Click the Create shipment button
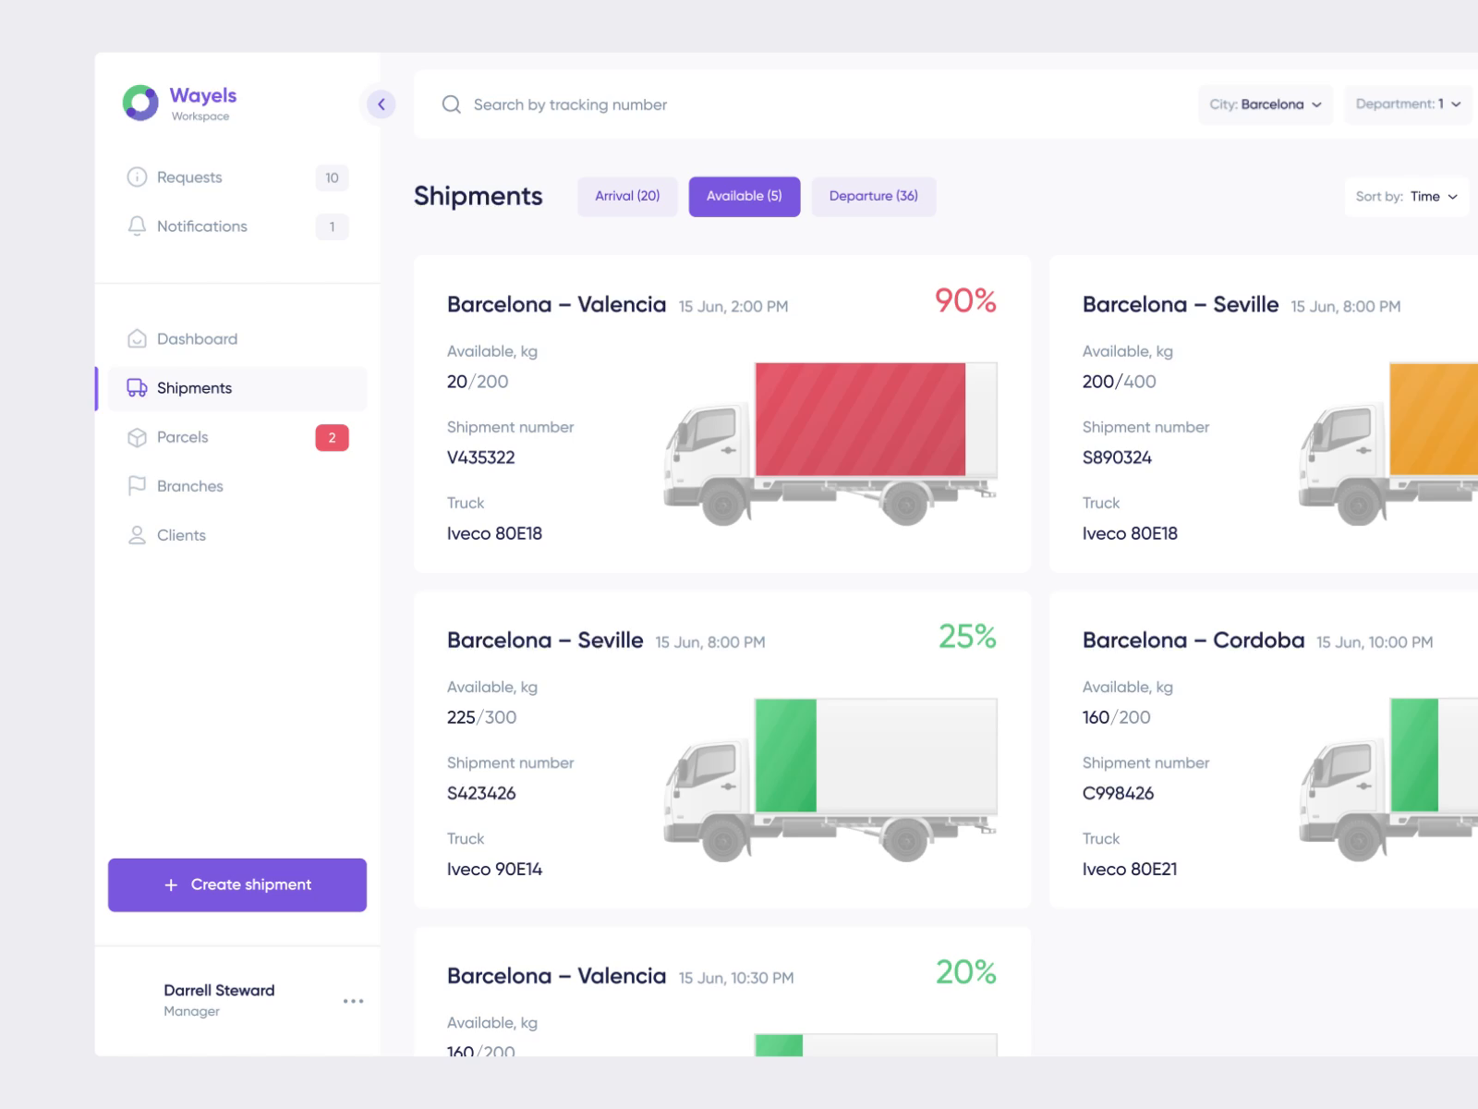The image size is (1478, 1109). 237,884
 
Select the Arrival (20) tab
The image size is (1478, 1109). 627,196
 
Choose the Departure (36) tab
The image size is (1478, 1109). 873,196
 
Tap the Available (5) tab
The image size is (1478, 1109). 744,196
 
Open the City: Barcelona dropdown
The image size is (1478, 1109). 1265,104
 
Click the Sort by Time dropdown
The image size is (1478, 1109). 1406,196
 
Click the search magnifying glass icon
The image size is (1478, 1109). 451,104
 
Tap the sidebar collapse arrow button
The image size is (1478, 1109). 381,104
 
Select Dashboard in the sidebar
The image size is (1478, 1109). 197,339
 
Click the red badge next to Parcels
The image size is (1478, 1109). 332,437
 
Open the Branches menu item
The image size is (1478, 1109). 189,486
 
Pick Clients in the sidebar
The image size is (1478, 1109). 181,535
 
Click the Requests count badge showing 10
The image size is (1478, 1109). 332,177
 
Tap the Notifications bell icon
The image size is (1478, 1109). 137,226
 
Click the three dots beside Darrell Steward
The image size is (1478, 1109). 353,1001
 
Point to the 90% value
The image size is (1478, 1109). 965,301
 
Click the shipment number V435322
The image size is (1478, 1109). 481,457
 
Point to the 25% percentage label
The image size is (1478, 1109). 967,637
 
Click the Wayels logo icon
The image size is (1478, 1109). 140,103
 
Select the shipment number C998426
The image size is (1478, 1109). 1118,793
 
